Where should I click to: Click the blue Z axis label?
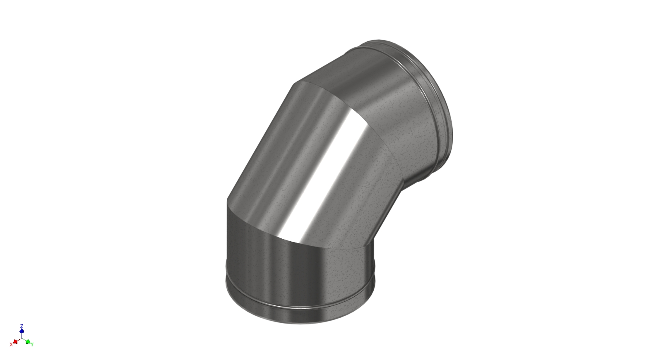click(22, 326)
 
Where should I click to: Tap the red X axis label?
click(11, 344)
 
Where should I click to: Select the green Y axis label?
click(32, 344)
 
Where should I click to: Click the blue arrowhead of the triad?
click(22, 331)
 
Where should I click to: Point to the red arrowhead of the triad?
click(15, 341)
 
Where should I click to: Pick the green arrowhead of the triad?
click(28, 341)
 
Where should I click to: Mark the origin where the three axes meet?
click(22, 338)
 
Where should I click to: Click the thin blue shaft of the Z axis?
click(22, 335)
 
